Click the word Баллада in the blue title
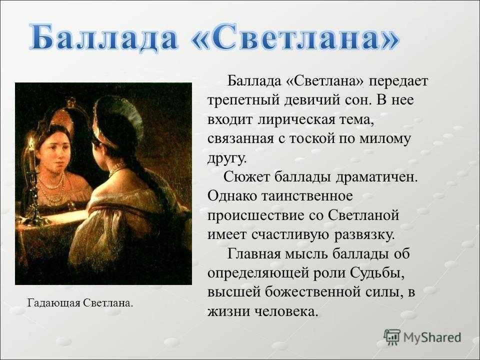point(104,38)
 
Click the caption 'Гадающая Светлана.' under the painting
point(80,303)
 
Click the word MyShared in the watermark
point(432,337)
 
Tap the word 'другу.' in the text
point(227,158)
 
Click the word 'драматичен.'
point(376,177)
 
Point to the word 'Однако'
point(232,195)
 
